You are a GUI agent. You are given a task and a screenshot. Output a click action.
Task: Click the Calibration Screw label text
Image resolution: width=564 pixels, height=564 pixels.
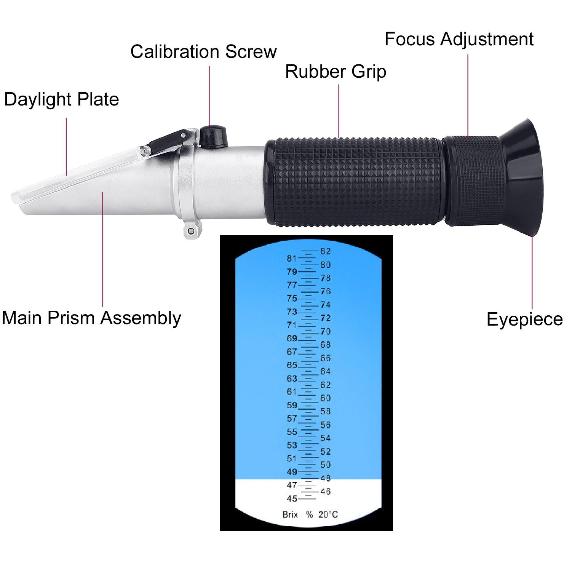point(203,51)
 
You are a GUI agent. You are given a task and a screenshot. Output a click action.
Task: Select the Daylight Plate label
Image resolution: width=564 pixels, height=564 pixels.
point(62,99)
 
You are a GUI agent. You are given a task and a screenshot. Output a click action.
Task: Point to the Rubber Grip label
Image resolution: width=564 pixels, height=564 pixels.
point(336,72)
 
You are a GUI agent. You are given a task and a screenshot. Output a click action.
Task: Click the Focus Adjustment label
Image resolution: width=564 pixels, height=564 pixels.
point(459,39)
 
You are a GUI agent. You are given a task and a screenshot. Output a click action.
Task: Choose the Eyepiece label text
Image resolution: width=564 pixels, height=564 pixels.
point(525,319)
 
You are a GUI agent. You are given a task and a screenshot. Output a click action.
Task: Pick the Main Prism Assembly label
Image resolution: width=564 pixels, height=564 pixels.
point(91,318)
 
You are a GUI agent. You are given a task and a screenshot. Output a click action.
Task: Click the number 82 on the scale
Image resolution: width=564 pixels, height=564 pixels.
point(326,251)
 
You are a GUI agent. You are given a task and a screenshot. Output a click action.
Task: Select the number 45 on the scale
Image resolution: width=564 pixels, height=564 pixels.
point(292,498)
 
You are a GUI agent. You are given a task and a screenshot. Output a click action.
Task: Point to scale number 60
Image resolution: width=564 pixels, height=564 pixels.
point(326,398)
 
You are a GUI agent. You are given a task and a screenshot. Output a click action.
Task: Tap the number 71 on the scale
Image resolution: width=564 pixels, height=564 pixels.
point(292,325)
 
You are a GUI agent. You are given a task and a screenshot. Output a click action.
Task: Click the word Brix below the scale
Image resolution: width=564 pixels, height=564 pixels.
point(290,514)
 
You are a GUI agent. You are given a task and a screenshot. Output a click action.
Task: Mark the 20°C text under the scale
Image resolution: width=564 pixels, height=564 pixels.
point(328,514)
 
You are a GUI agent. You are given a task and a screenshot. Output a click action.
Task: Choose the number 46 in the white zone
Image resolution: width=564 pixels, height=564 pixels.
point(326,491)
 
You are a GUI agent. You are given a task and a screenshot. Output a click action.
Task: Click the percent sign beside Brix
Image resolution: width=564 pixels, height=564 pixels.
point(309,514)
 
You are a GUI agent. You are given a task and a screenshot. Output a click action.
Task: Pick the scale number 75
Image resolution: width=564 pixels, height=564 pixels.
point(292,299)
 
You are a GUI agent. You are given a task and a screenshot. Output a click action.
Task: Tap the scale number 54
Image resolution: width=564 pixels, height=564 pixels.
point(326,438)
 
